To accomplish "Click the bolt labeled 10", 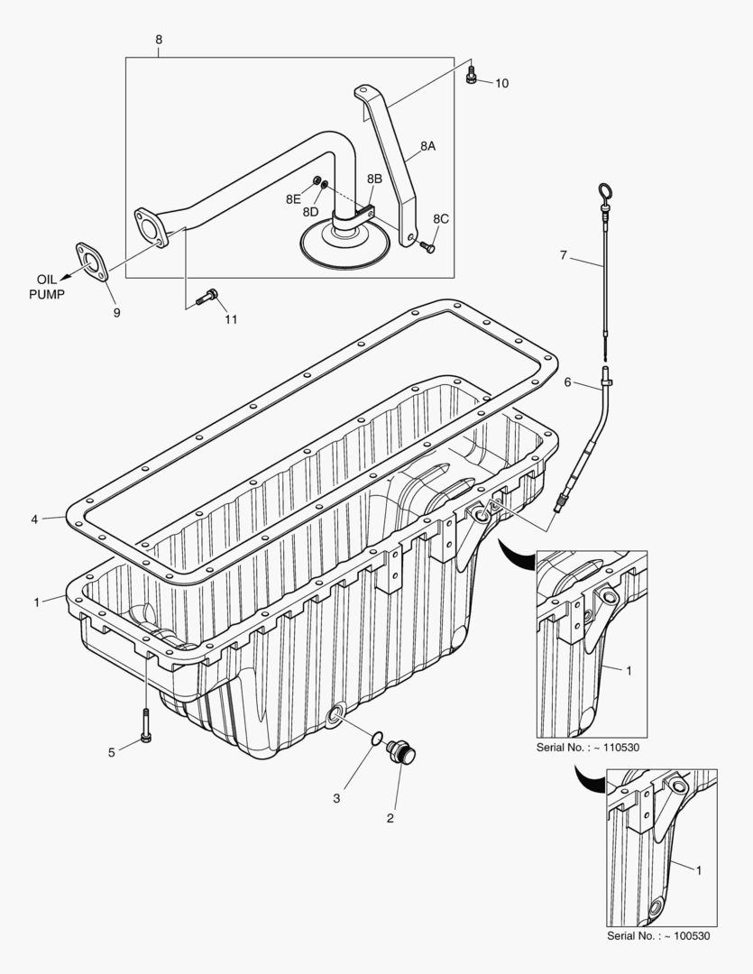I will [x=471, y=79].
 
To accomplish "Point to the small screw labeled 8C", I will [x=428, y=246].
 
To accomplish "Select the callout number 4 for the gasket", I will [x=33, y=519].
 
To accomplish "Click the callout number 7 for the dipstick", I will [x=563, y=255].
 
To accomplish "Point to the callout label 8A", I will [x=427, y=144].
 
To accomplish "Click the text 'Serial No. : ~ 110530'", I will [x=592, y=747].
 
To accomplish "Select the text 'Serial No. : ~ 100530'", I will [x=658, y=935].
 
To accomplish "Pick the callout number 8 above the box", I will [x=159, y=40].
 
